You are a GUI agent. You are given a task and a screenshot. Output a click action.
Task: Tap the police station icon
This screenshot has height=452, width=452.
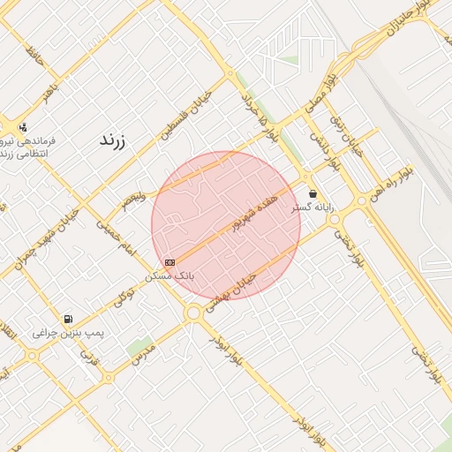point(22,126)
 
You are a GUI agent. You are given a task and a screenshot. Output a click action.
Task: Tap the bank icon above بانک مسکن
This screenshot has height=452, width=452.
point(169,262)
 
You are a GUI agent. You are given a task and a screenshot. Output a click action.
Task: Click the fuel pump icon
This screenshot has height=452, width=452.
point(68,319)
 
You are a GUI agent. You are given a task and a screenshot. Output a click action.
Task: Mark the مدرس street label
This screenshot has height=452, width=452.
point(143,357)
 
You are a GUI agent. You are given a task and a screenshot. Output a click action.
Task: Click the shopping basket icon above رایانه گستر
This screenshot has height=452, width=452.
point(313,193)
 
